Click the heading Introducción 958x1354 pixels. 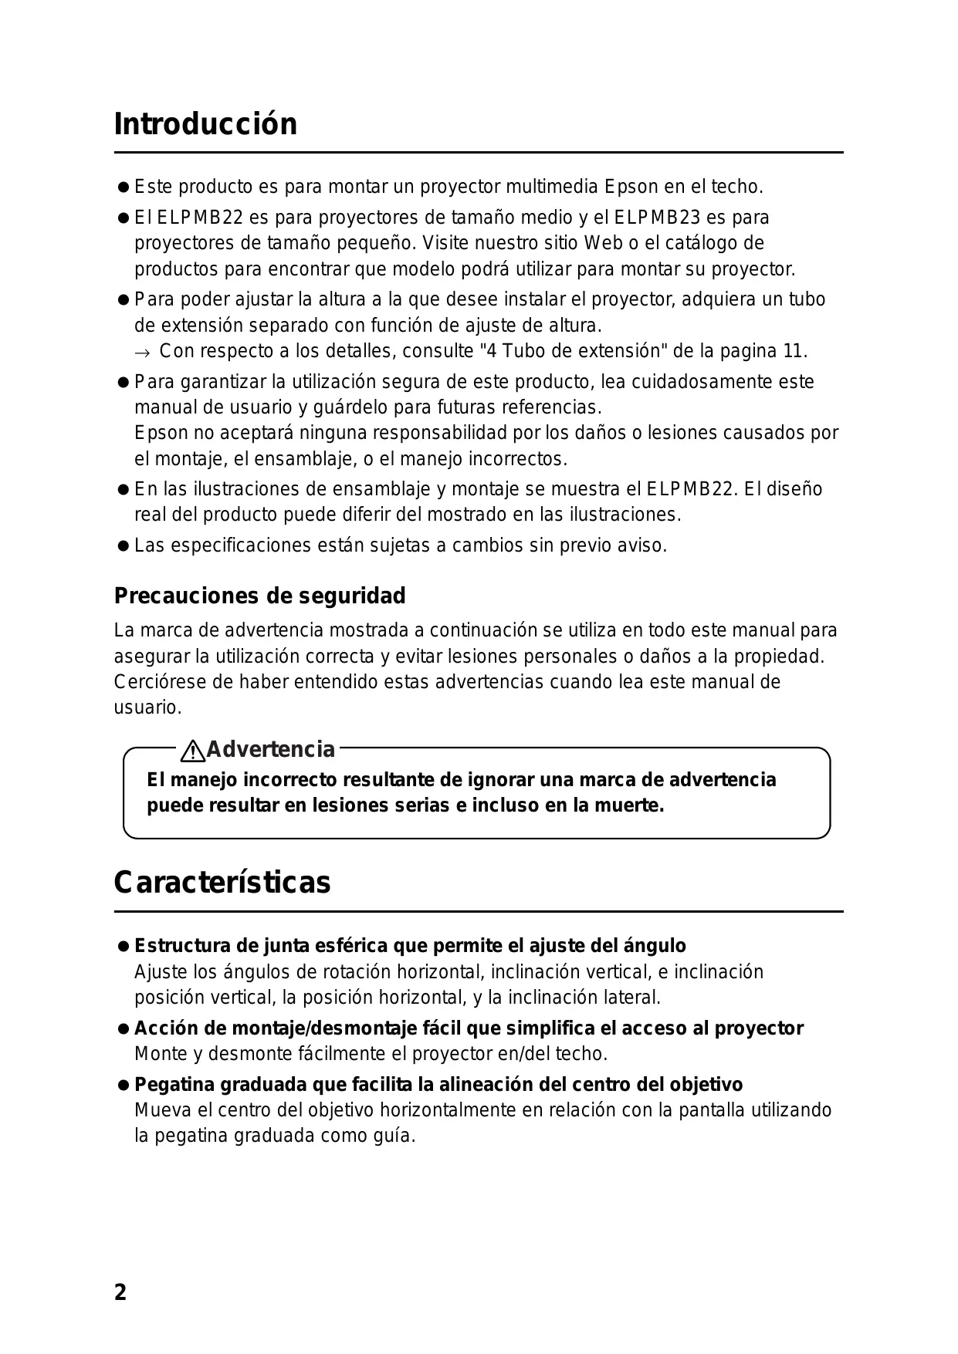point(205,124)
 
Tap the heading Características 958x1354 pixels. point(222,883)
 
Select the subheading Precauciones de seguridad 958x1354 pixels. point(259,596)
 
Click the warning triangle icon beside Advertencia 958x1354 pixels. point(192,750)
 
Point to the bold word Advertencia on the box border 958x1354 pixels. point(271,749)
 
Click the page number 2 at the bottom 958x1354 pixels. point(120,1292)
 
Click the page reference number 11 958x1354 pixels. point(794,351)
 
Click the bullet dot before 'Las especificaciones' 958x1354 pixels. point(122,546)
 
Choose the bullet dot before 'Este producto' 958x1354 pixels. point(122,187)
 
